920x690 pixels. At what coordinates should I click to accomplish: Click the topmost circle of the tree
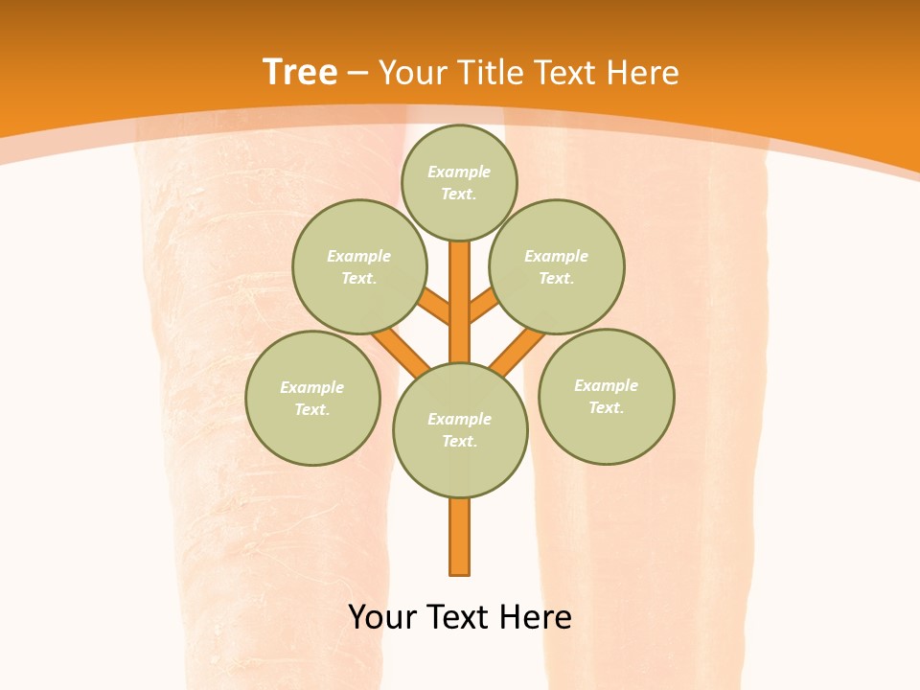click(x=459, y=182)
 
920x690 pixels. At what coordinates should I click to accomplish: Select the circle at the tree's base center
click(x=460, y=430)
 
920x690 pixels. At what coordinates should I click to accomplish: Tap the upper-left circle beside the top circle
click(x=359, y=266)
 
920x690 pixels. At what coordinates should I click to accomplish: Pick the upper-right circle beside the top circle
click(x=557, y=266)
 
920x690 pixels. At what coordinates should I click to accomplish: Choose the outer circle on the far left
click(x=312, y=398)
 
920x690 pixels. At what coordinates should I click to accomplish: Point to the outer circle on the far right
click(x=607, y=396)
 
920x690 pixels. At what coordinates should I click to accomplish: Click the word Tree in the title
click(x=300, y=72)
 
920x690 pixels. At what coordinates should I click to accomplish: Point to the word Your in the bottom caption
click(x=382, y=617)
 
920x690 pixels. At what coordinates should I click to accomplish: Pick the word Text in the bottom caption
click(x=460, y=617)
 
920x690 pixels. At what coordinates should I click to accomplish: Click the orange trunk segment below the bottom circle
click(x=460, y=537)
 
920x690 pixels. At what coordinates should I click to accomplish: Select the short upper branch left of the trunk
click(x=435, y=307)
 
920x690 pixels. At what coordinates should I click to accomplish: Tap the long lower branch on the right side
click(x=517, y=352)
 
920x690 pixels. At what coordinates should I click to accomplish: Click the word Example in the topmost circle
click(x=459, y=172)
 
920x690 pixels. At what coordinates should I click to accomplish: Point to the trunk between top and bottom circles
click(x=460, y=302)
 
